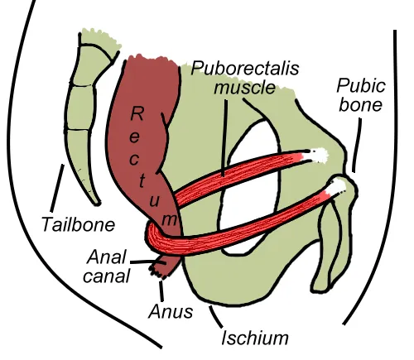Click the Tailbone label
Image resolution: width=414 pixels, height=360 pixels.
pyautogui.click(x=79, y=224)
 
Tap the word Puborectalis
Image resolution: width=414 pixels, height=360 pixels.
pyautogui.click(x=245, y=69)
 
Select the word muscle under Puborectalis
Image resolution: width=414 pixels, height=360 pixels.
pyautogui.click(x=245, y=87)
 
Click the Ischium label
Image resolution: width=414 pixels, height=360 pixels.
pyautogui.click(x=255, y=338)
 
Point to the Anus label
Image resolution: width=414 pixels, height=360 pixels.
pyautogui.click(x=171, y=312)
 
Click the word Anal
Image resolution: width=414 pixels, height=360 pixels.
pyautogui.click(x=106, y=257)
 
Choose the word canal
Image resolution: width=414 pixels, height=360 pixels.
pyautogui.click(x=106, y=276)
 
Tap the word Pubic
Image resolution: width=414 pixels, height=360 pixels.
pyautogui.click(x=361, y=85)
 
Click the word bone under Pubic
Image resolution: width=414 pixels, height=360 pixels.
pyautogui.click(x=360, y=105)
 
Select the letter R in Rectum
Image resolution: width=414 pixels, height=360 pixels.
pyautogui.click(x=137, y=113)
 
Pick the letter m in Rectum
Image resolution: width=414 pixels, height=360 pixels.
pyautogui.click(x=169, y=219)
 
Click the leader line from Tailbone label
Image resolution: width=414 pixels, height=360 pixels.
pyautogui.click(x=57, y=188)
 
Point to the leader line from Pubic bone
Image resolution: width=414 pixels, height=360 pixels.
pyautogui.click(x=357, y=145)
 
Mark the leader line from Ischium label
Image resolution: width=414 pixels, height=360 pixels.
pyautogui.click(x=215, y=317)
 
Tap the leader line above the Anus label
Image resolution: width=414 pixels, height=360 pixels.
pyautogui.click(x=161, y=291)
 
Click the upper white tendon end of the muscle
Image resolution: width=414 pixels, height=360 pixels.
pyautogui.click(x=319, y=156)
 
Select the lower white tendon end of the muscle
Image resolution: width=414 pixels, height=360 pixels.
pyautogui.click(x=337, y=187)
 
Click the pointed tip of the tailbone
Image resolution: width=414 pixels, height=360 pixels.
pyautogui.click(x=97, y=204)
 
